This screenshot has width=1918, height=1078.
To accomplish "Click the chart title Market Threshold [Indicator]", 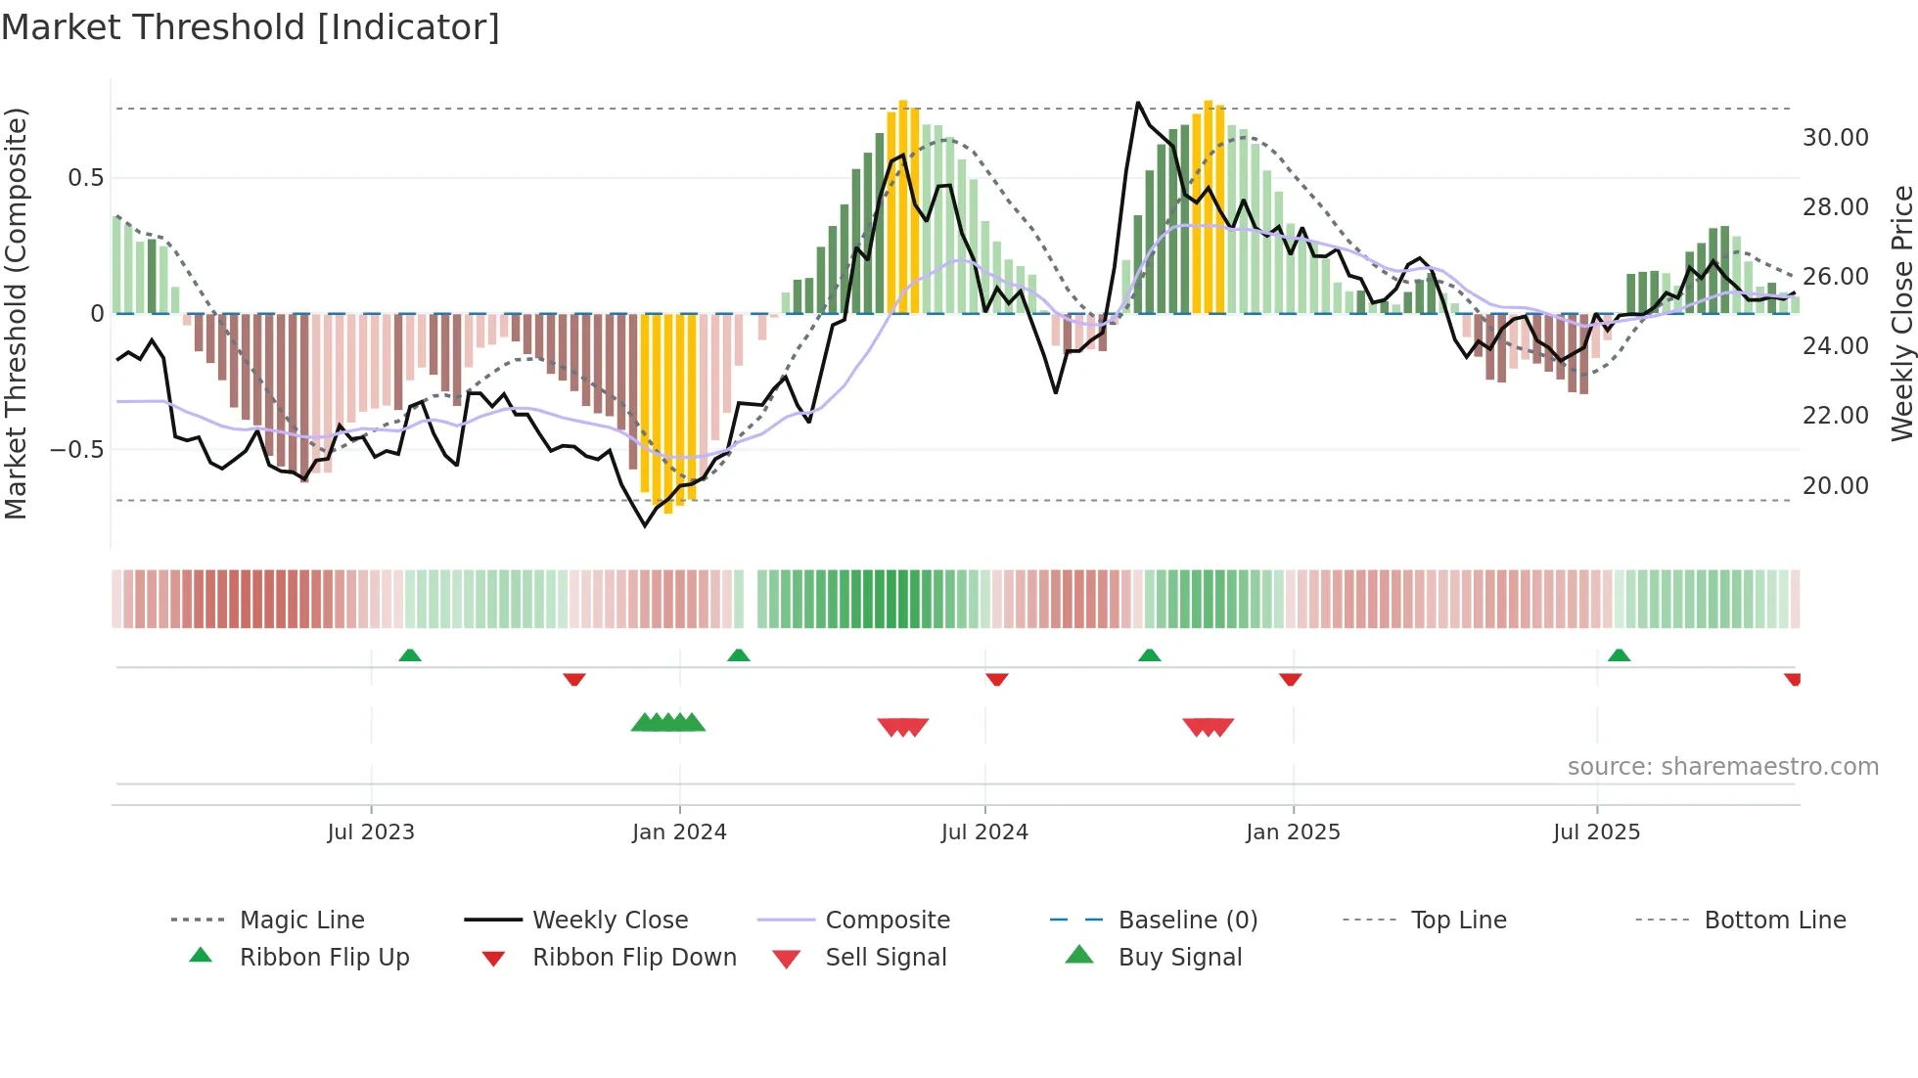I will tap(251, 27).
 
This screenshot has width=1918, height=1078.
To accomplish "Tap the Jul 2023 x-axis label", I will tap(371, 832).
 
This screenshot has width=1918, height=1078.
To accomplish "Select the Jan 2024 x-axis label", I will tap(679, 832).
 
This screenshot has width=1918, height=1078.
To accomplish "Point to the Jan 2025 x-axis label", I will tap(1293, 832).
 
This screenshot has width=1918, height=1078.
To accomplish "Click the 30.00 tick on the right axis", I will tap(1835, 138).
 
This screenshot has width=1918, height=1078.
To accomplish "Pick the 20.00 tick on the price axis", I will tap(1835, 486).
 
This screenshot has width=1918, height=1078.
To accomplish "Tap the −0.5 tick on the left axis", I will tap(76, 450).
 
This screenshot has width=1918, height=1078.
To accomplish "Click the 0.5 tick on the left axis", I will tap(85, 178).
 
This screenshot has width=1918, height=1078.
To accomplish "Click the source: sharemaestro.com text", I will tap(1722, 767).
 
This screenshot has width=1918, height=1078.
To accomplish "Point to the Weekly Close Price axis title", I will tap(1901, 313).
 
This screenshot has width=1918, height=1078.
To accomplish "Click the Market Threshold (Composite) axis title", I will tap(16, 313).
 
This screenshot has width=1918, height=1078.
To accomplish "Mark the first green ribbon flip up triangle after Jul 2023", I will tap(410, 655).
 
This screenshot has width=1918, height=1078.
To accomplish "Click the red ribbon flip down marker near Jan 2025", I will tap(1290, 679).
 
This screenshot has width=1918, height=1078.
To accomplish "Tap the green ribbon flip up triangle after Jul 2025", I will tap(1619, 655).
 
